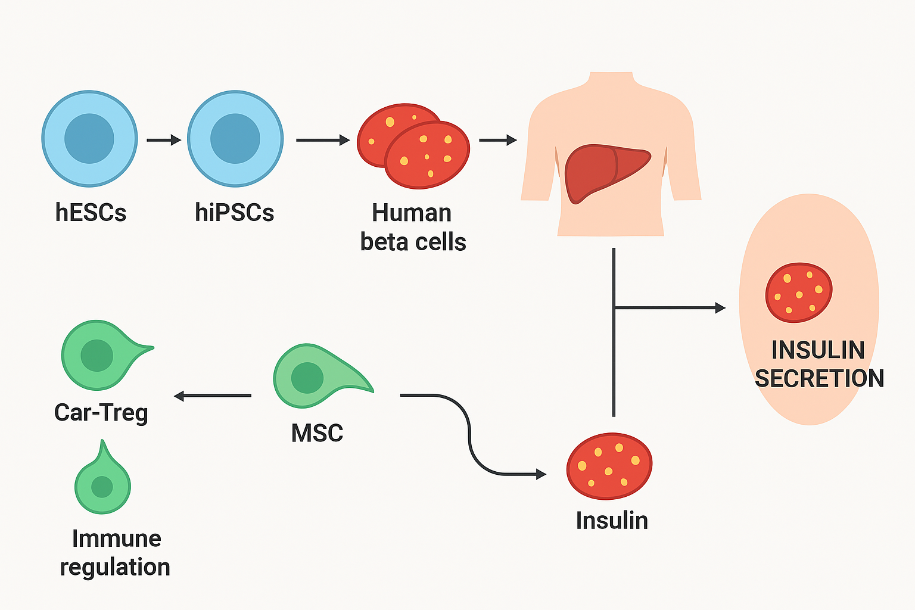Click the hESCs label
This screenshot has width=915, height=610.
coord(91,213)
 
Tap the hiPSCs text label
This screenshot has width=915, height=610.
coord(234,213)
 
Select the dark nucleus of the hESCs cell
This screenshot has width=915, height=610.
coord(89,138)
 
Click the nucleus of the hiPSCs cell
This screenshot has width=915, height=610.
coord(235,138)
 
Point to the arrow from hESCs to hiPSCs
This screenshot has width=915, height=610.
coord(163,140)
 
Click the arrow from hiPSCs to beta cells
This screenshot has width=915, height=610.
coord(322,140)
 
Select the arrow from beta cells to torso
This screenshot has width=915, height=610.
coord(497,140)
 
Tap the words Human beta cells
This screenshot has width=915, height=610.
coord(413,228)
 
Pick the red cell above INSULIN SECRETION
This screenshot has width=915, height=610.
coord(798,292)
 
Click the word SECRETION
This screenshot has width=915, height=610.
coord(819,378)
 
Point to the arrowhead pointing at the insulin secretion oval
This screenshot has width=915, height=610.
coord(720,308)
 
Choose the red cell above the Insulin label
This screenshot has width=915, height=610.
coord(609,466)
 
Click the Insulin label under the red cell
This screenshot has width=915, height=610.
coord(612,521)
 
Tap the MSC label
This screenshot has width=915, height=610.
coord(317,433)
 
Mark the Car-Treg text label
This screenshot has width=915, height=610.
coord(101,412)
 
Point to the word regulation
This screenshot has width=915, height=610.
coord(115,567)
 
